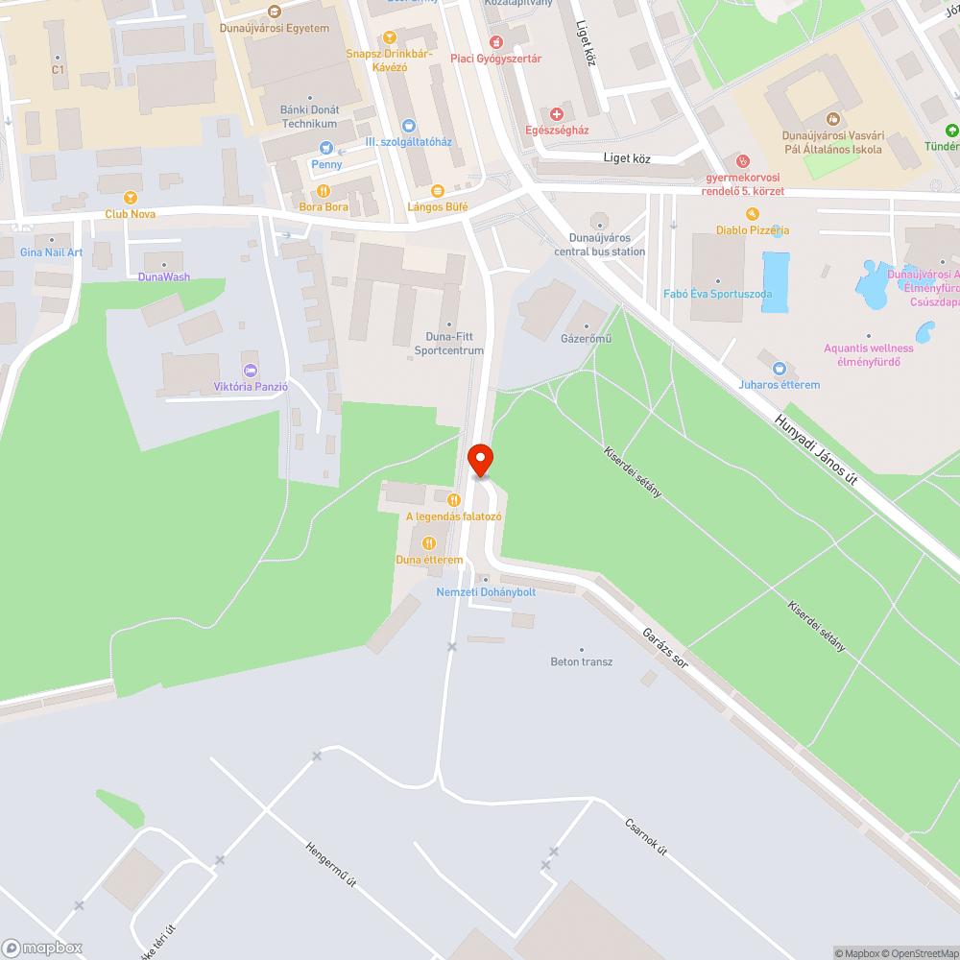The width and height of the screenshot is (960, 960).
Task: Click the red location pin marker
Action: [x=480, y=460]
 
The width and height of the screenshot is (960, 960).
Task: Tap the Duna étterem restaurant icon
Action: [x=429, y=544]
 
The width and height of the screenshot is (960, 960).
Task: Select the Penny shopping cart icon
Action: [x=326, y=148]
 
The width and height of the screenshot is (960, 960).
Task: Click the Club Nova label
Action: [x=131, y=214]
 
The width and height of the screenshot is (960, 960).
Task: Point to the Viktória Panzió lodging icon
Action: [x=251, y=371]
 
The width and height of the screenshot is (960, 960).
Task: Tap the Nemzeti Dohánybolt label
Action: [x=486, y=592]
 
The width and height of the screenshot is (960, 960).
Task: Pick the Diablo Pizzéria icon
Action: [x=753, y=214]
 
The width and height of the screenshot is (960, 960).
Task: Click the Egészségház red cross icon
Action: [x=557, y=114]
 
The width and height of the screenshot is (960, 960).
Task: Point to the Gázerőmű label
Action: [x=587, y=339]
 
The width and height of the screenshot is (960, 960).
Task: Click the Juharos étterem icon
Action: [x=779, y=369]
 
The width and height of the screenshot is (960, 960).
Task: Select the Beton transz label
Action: [x=581, y=662]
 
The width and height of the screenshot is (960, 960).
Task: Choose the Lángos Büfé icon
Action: [x=438, y=190]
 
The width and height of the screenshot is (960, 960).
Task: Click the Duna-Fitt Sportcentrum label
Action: [x=449, y=344]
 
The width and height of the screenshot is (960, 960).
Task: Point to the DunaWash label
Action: [x=164, y=277]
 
